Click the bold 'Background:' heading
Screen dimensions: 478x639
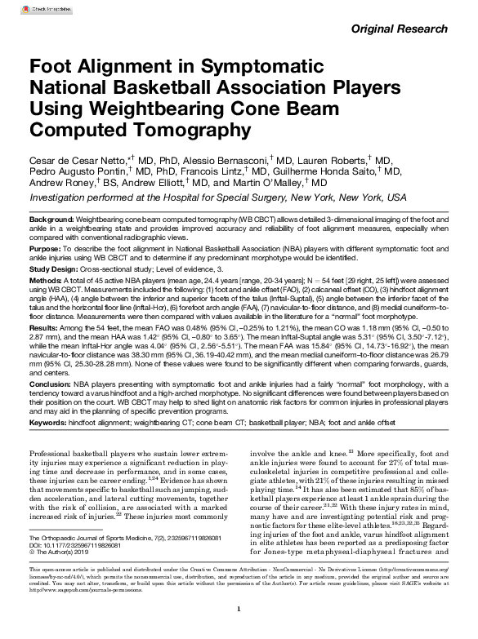pyautogui.click(x=51, y=221)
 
